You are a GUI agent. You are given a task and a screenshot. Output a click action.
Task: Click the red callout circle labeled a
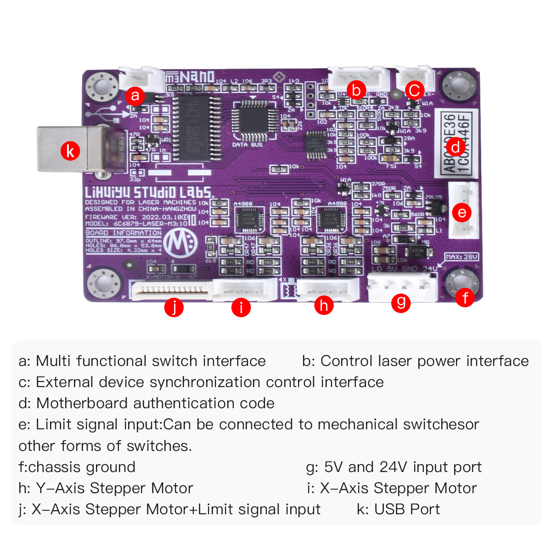pyautogui.click(x=135, y=96)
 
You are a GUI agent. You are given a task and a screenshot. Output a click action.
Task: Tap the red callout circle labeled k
pyautogui.click(x=70, y=151)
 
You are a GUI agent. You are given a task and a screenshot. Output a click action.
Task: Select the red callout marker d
pyautogui.click(x=455, y=147)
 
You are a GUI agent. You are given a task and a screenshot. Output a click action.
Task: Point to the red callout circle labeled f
pyautogui.click(x=465, y=298)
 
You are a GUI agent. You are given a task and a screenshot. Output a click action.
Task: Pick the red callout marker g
pyautogui.click(x=401, y=302)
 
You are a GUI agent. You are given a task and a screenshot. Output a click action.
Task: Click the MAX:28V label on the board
pyautogui.click(x=461, y=257)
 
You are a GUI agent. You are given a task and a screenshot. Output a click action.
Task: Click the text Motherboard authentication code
pyautogui.click(x=155, y=403)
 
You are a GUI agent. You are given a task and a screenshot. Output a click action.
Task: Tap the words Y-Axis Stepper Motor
pyautogui.click(x=114, y=488)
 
